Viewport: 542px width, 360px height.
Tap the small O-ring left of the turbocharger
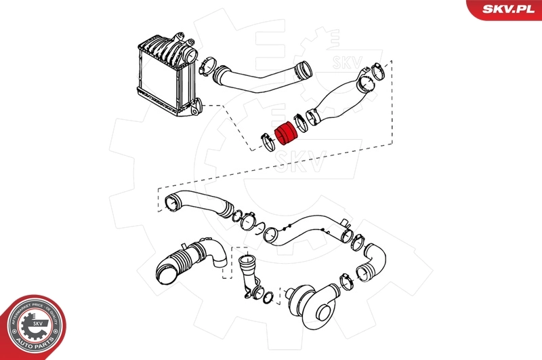pyautogui.click(x=268, y=296)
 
